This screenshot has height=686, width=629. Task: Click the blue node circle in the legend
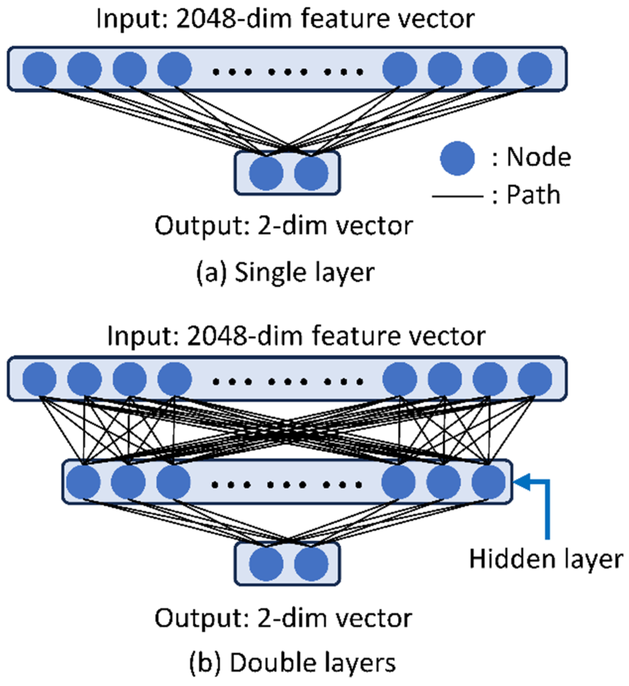tap(457, 158)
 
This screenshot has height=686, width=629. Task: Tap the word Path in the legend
tap(533, 195)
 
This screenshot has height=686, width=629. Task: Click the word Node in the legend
tap(539, 157)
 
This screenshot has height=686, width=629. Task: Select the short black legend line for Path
tap(457, 197)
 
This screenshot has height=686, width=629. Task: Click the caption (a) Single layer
tap(285, 273)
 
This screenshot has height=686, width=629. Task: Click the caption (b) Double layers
tap(292, 662)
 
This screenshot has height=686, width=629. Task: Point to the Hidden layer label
tap(546, 559)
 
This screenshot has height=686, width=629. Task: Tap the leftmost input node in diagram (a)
tap(39, 69)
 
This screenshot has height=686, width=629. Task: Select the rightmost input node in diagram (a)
tap(535, 69)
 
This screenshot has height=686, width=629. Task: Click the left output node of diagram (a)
tap(266, 173)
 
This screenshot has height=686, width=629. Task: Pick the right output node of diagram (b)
tap(311, 564)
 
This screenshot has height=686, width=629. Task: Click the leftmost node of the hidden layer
tap(84, 482)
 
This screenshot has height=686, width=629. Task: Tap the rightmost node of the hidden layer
tap(488, 482)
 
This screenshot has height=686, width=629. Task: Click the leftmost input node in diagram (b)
tap(39, 379)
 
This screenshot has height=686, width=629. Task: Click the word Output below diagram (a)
tap(198, 226)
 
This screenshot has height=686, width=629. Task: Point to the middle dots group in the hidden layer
tap(287, 485)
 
